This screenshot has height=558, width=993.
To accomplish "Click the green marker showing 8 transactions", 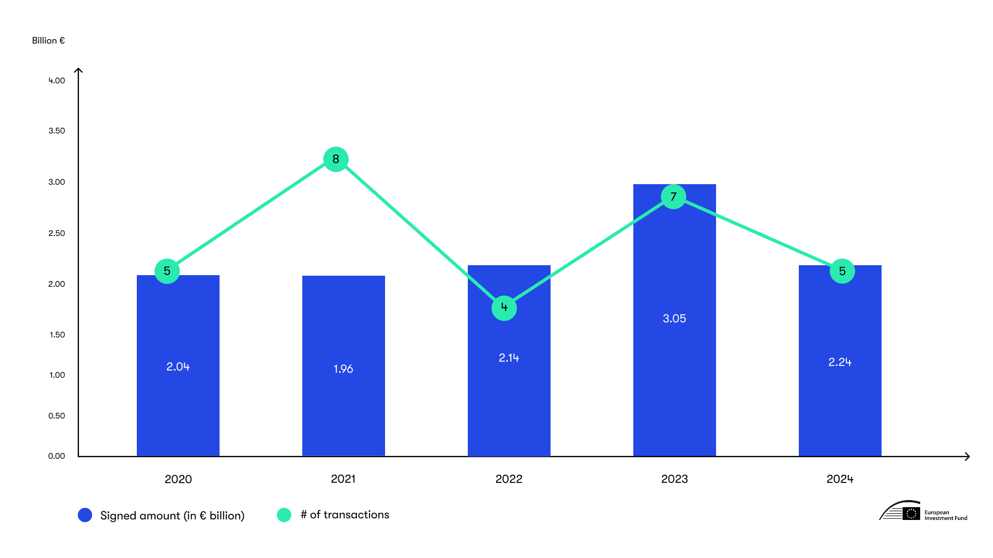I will point(335,159).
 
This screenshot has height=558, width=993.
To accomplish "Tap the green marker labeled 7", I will point(673,197).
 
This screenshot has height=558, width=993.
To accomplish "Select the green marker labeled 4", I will point(504,308).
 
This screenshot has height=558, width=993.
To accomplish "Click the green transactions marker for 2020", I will point(167,271).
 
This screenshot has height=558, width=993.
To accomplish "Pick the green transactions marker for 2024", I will point(842,271).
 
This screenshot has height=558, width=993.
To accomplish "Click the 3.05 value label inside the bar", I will point(674,319).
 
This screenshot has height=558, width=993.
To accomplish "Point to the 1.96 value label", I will point(343,369).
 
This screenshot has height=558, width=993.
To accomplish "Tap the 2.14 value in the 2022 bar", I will point(509,358).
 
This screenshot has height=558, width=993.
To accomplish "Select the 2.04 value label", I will point(178,367).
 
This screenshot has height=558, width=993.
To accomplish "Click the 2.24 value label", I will point(840,362).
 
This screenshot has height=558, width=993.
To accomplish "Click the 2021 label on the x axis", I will point(343,479).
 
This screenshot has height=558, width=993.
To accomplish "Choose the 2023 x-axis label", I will point(674,479).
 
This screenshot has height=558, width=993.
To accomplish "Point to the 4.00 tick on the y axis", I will point(56,81).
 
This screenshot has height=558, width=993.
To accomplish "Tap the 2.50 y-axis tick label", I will point(56,233).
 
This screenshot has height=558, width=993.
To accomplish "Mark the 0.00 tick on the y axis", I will point(56,456).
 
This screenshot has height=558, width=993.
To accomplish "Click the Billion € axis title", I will point(49,41).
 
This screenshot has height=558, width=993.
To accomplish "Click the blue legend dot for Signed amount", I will point(85,515).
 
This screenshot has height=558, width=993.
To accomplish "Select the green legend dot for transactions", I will point(284,515).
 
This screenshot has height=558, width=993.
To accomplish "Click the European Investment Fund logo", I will point(923,512).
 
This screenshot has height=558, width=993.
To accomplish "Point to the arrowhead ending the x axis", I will point(967,457).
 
